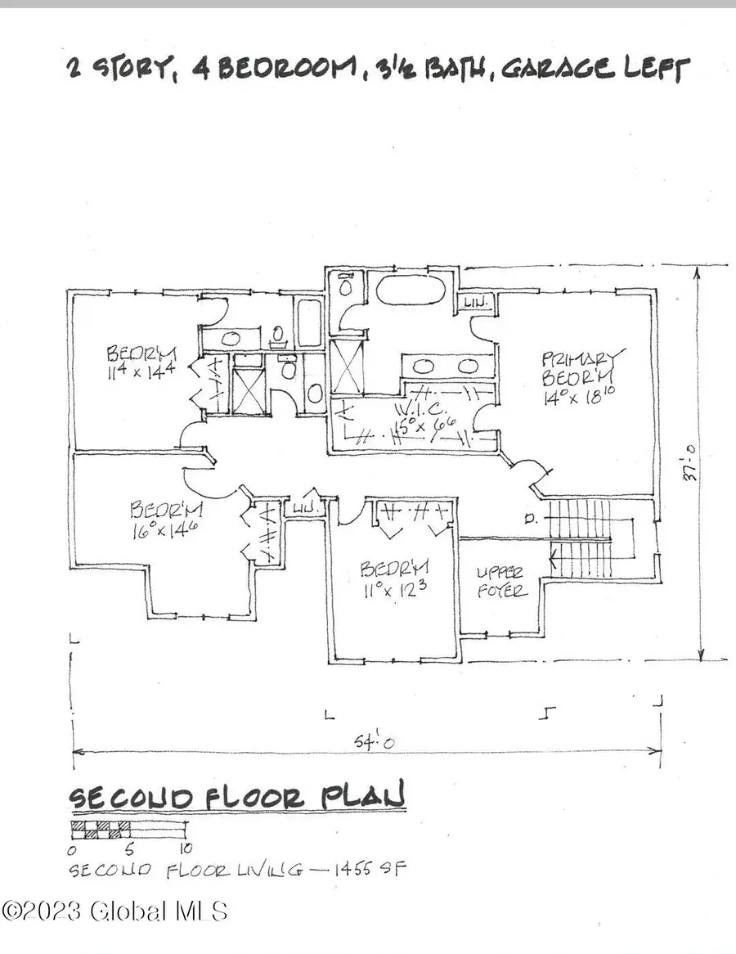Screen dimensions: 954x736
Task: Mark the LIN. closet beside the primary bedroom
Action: pos(475,304)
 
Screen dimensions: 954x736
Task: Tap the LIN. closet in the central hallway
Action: pos(307,507)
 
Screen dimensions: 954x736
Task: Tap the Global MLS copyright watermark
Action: pos(114,911)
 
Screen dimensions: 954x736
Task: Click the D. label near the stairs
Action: pos(532,518)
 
